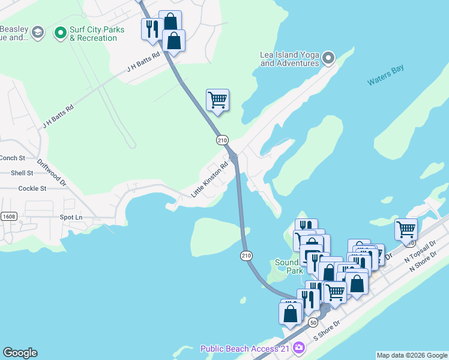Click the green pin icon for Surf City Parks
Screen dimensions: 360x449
point(59,32)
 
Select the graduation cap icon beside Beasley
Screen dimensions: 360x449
point(37,32)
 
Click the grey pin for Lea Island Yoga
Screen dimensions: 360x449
point(328,58)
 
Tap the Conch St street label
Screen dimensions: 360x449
point(12,158)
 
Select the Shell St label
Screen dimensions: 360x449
point(22,173)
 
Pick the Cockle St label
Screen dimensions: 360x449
point(32,188)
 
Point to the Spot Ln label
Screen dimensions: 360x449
point(71,217)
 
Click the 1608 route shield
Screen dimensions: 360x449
point(8,216)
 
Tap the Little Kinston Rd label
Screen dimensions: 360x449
point(209,179)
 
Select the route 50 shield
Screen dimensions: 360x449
point(313,322)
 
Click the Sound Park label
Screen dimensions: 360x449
point(289,266)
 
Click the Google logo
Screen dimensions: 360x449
point(20,353)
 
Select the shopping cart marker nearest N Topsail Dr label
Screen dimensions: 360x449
point(406,229)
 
